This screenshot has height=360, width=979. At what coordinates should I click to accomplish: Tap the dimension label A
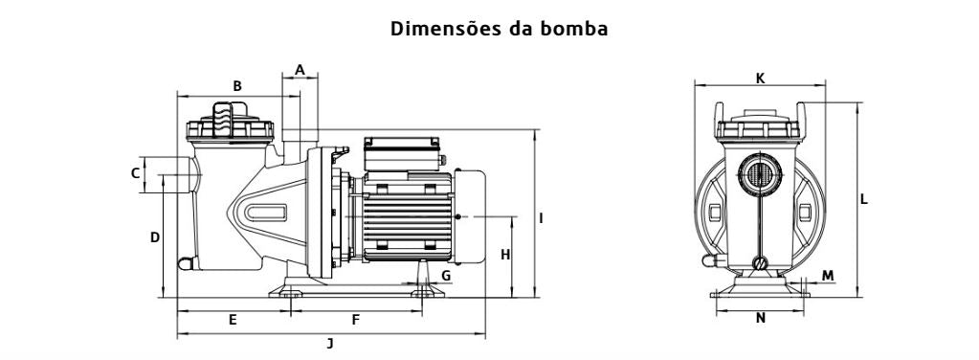300,69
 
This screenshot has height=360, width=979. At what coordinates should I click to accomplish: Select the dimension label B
237,86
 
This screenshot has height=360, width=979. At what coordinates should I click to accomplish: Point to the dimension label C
135,173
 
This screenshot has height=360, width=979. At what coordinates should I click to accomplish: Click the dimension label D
155,237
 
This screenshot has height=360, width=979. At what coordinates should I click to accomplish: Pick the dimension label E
233,320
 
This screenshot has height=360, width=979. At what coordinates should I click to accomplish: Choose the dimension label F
356,320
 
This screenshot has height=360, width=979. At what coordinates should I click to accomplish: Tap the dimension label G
446,276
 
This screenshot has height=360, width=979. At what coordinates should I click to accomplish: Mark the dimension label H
505,255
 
